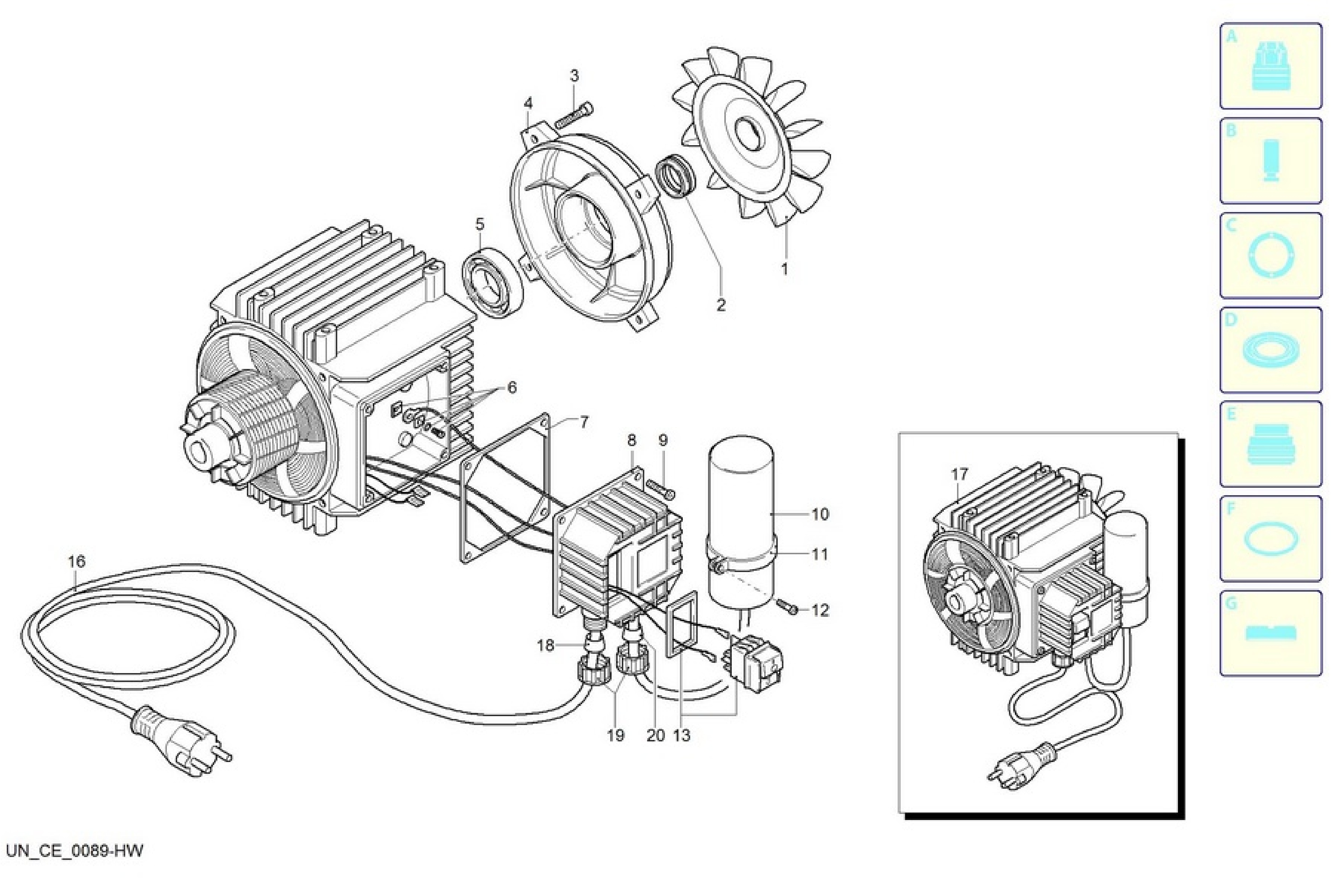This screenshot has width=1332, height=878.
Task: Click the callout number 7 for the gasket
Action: pyautogui.click(x=583, y=422)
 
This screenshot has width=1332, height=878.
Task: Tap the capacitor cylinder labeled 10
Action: pyautogui.click(x=741, y=521)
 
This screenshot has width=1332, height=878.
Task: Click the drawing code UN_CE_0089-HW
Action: pyautogui.click(x=74, y=851)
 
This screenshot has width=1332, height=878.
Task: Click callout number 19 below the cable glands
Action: pyautogui.click(x=615, y=735)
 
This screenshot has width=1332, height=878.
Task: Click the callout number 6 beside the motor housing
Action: pyautogui.click(x=512, y=387)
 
